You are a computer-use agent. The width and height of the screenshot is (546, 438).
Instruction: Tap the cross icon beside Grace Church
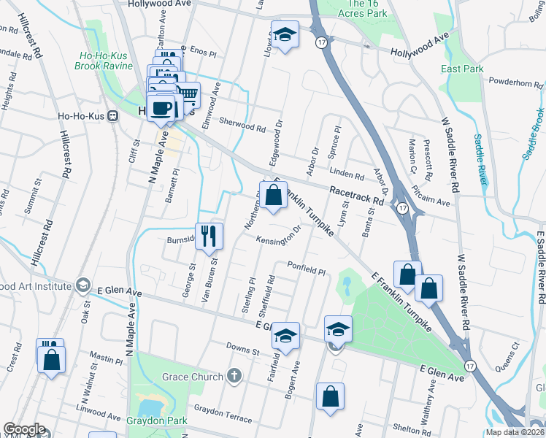(x=234, y=377)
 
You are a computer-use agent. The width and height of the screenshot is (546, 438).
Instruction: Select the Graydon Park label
(x=157, y=420)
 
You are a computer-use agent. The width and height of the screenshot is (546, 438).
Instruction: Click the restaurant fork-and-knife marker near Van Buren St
(x=209, y=235)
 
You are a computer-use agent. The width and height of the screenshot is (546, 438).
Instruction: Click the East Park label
(x=462, y=69)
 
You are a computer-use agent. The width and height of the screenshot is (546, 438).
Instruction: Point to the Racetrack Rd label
(x=356, y=193)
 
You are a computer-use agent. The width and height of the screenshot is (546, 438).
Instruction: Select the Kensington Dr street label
(x=278, y=236)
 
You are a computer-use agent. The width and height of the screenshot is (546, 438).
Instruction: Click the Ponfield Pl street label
(x=306, y=267)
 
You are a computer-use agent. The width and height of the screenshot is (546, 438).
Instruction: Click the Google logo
(x=24, y=429)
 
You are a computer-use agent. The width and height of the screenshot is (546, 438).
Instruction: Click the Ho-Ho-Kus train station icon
(x=113, y=115)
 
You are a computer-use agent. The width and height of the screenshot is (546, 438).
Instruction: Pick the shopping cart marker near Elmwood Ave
(x=188, y=93)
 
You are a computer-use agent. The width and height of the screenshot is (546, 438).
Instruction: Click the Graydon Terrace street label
(x=222, y=414)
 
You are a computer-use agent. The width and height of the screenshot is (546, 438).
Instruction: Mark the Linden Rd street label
(x=346, y=173)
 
